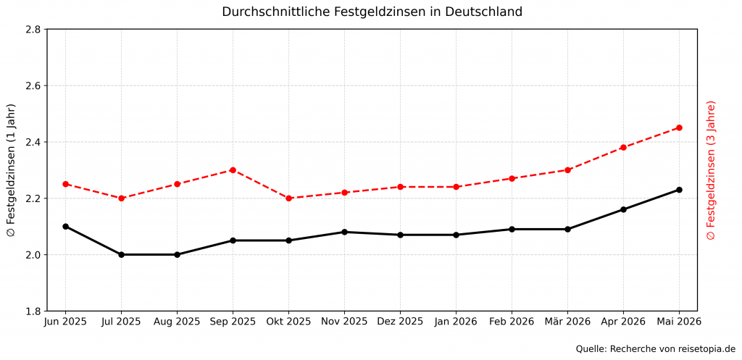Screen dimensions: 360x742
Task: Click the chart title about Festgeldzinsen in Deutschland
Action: (372, 12)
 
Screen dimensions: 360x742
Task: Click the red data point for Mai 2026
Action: (679, 127)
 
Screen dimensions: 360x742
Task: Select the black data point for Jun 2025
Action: (65, 226)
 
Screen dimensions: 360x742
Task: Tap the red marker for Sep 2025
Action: (233, 170)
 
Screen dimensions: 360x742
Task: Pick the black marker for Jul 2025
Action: (121, 254)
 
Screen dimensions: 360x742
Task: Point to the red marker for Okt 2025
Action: (288, 198)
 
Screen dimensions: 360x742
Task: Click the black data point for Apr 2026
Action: (623, 209)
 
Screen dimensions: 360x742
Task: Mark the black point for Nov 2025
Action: (344, 232)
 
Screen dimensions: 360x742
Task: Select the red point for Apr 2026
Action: (623, 148)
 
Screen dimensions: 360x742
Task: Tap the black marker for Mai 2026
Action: (679, 190)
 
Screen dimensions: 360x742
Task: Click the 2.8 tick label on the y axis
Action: (33, 30)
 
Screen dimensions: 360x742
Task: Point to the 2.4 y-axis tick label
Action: (33, 142)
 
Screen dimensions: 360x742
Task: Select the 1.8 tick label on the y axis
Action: (33, 311)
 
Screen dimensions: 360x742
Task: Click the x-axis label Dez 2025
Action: (400, 322)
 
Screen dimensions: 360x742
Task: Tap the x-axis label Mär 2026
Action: (567, 322)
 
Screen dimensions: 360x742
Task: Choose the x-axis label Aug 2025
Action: (177, 322)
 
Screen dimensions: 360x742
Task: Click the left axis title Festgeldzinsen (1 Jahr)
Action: (11, 170)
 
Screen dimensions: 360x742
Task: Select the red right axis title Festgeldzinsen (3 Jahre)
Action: (711, 170)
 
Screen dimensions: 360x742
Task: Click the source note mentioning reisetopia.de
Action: (655, 349)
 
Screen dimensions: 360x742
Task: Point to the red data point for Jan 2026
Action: (456, 187)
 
